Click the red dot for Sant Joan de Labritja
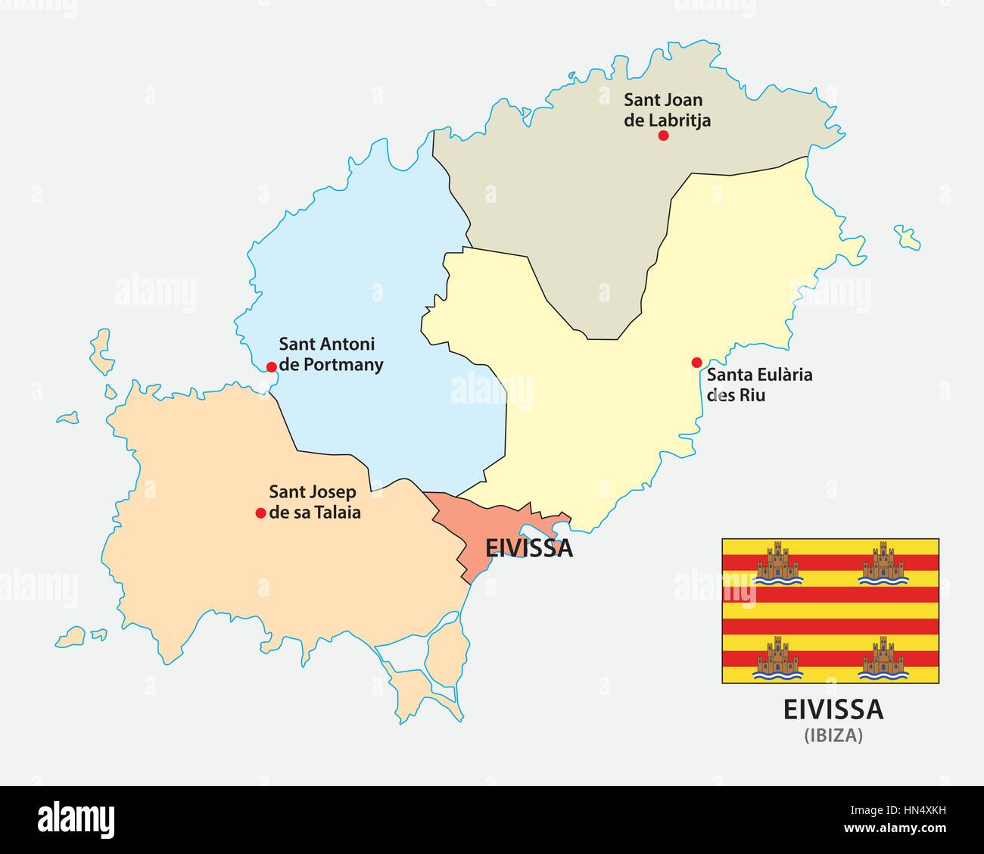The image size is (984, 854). tap(663, 136)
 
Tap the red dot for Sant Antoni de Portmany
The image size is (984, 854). tap(271, 367)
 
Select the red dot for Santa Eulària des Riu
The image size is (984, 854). tap(696, 363)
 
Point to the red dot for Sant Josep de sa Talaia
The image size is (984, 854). tap(260, 513)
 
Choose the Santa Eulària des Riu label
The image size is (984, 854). tap(749, 384)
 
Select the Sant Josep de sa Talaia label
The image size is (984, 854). tap(315, 502)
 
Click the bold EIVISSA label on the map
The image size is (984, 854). tap(528, 548)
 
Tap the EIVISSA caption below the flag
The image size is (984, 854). tap(833, 710)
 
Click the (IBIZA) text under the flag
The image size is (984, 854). tap(833, 735)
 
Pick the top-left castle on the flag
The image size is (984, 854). tap(778, 564)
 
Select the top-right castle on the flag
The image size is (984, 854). tap(883, 564)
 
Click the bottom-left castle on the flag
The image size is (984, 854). tap(778, 657)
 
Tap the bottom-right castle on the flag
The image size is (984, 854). tap(883, 657)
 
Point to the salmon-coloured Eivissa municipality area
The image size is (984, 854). tap(462, 530)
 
